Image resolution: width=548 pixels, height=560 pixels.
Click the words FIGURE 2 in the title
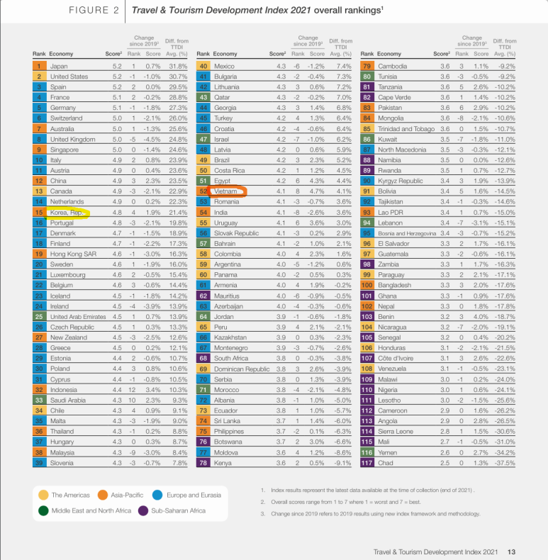coord(92,11)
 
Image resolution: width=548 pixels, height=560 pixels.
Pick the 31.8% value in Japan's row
coord(173,66)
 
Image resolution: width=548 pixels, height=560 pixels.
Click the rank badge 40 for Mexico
coord(203,66)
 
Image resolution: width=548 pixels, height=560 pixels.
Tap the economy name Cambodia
coord(394,66)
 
